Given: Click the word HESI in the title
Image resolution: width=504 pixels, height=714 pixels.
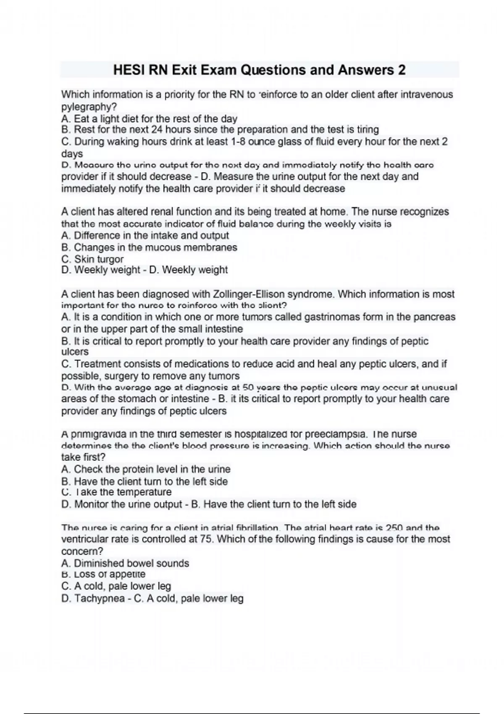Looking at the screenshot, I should [128, 70].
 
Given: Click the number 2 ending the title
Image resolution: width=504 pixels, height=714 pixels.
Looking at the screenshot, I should [402, 70].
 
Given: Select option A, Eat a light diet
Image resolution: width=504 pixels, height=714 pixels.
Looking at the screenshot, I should [149, 119].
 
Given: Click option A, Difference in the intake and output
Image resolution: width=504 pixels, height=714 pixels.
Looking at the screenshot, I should [145, 236].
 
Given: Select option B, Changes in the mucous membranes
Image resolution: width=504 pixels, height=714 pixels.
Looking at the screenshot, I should [149, 248].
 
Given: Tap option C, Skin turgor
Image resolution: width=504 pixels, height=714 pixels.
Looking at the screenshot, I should [92, 259].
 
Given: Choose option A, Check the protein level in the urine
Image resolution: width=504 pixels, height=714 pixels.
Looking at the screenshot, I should [146, 470].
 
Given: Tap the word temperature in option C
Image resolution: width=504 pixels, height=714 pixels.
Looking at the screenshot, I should [144, 492].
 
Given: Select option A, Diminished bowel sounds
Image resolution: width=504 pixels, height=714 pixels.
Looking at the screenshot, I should [125, 564].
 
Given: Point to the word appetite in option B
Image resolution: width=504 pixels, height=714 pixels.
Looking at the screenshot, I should [126, 575].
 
